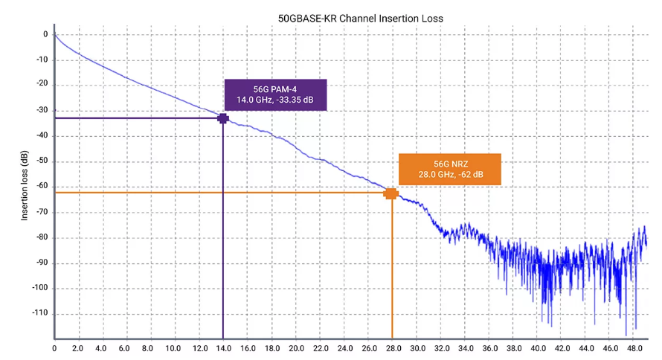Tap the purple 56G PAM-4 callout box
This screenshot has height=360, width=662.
(275, 94)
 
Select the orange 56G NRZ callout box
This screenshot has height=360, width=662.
(450, 169)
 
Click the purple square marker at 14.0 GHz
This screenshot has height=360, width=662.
(222, 118)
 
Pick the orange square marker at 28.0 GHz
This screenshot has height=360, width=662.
(391, 193)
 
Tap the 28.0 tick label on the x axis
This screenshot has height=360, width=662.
(392, 347)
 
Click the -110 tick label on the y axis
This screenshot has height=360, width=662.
(39, 313)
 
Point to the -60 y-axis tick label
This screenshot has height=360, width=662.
(41, 187)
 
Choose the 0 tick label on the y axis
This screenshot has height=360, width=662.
(45, 34)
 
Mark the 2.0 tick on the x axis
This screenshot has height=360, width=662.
(78, 347)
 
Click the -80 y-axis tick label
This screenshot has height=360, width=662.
(41, 237)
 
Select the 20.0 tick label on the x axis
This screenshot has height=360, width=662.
(295, 347)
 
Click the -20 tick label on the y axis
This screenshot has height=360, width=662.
(41, 85)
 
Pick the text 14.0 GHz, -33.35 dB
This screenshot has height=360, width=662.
(275, 100)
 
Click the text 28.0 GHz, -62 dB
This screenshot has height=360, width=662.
(450, 175)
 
